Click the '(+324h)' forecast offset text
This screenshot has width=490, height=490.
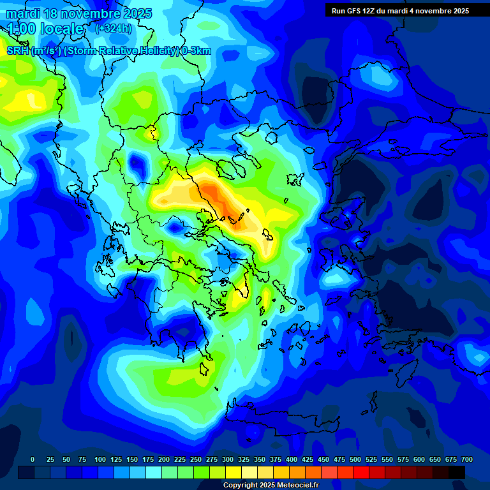pos(114,29)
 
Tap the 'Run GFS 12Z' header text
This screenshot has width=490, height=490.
pos(354,11)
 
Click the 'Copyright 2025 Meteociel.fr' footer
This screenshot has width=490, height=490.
pos(271,486)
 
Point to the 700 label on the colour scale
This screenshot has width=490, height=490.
pos(467,459)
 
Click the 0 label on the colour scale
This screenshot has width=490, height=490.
pos(33,459)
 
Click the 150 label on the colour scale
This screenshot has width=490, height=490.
pos(132,459)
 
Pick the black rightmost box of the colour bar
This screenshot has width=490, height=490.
pos(457,472)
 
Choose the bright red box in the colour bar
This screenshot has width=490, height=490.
pos(361,472)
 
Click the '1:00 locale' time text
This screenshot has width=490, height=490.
pos(45,29)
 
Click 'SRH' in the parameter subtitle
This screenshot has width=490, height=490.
pos(17,51)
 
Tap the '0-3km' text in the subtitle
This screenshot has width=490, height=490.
pos(196,51)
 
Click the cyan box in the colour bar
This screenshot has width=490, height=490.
pos(154,472)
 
